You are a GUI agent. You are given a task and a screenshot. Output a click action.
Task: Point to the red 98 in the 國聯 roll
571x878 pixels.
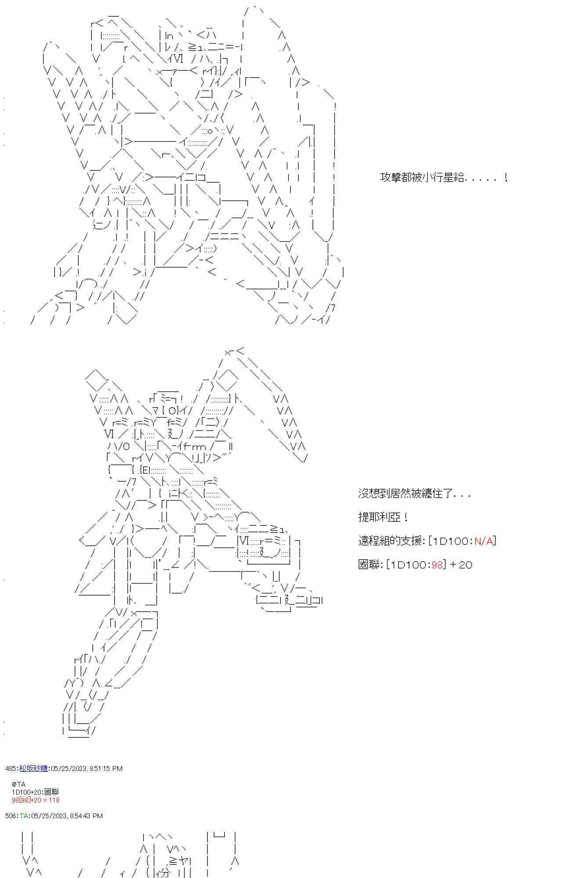437,565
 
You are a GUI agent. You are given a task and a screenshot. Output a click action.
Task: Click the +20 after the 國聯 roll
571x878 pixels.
461,565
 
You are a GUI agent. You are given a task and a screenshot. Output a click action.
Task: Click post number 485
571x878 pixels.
11,768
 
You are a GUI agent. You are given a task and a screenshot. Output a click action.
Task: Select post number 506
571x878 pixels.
11,816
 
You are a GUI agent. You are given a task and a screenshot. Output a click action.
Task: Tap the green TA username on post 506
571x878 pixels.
24,816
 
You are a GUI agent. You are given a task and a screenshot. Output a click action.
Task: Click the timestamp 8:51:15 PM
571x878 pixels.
106,768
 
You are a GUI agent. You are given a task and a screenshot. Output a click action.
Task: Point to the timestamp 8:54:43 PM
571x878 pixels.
86,816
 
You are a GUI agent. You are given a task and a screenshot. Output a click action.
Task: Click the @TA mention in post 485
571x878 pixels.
19,784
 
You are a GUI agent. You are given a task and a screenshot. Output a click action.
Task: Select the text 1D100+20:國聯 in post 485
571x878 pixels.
35,792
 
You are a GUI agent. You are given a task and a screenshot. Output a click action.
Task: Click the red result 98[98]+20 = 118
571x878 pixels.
36,800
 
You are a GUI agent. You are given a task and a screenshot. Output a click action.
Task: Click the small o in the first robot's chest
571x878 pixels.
210,131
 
